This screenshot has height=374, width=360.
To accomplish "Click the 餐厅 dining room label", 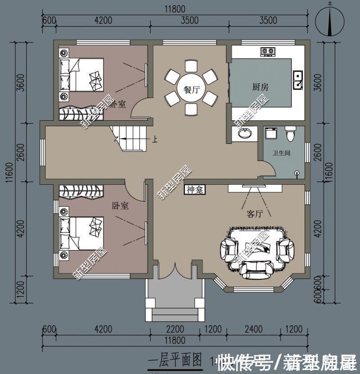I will pyautogui.click(x=191, y=90).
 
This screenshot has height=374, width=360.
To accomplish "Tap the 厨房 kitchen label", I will pyautogui.click(x=261, y=87).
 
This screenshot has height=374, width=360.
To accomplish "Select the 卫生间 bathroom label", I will pyautogui.click(x=282, y=153).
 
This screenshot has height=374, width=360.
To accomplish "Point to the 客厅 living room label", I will pyautogui.click(x=255, y=214).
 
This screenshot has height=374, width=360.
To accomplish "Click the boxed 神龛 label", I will pyautogui.click(x=195, y=190).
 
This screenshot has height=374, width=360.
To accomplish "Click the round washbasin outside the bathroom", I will pyautogui.click(x=245, y=133).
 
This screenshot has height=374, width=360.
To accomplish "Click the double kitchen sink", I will pyautogui.click(x=297, y=79).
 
